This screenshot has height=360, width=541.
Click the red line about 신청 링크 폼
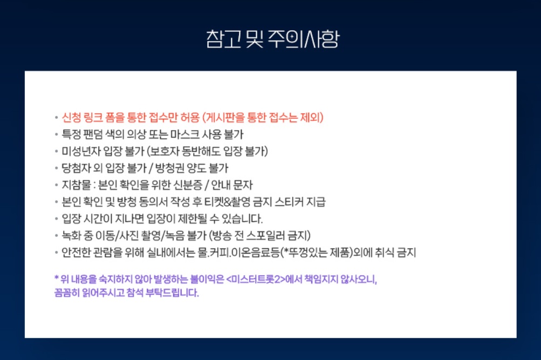tap(193, 117)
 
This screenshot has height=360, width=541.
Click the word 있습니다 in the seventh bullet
tap(243, 219)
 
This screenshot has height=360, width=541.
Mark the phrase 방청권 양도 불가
tap(190, 168)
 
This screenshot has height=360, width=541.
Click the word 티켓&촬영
tap(230, 202)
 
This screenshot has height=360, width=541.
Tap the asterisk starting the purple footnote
tap(56, 279)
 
